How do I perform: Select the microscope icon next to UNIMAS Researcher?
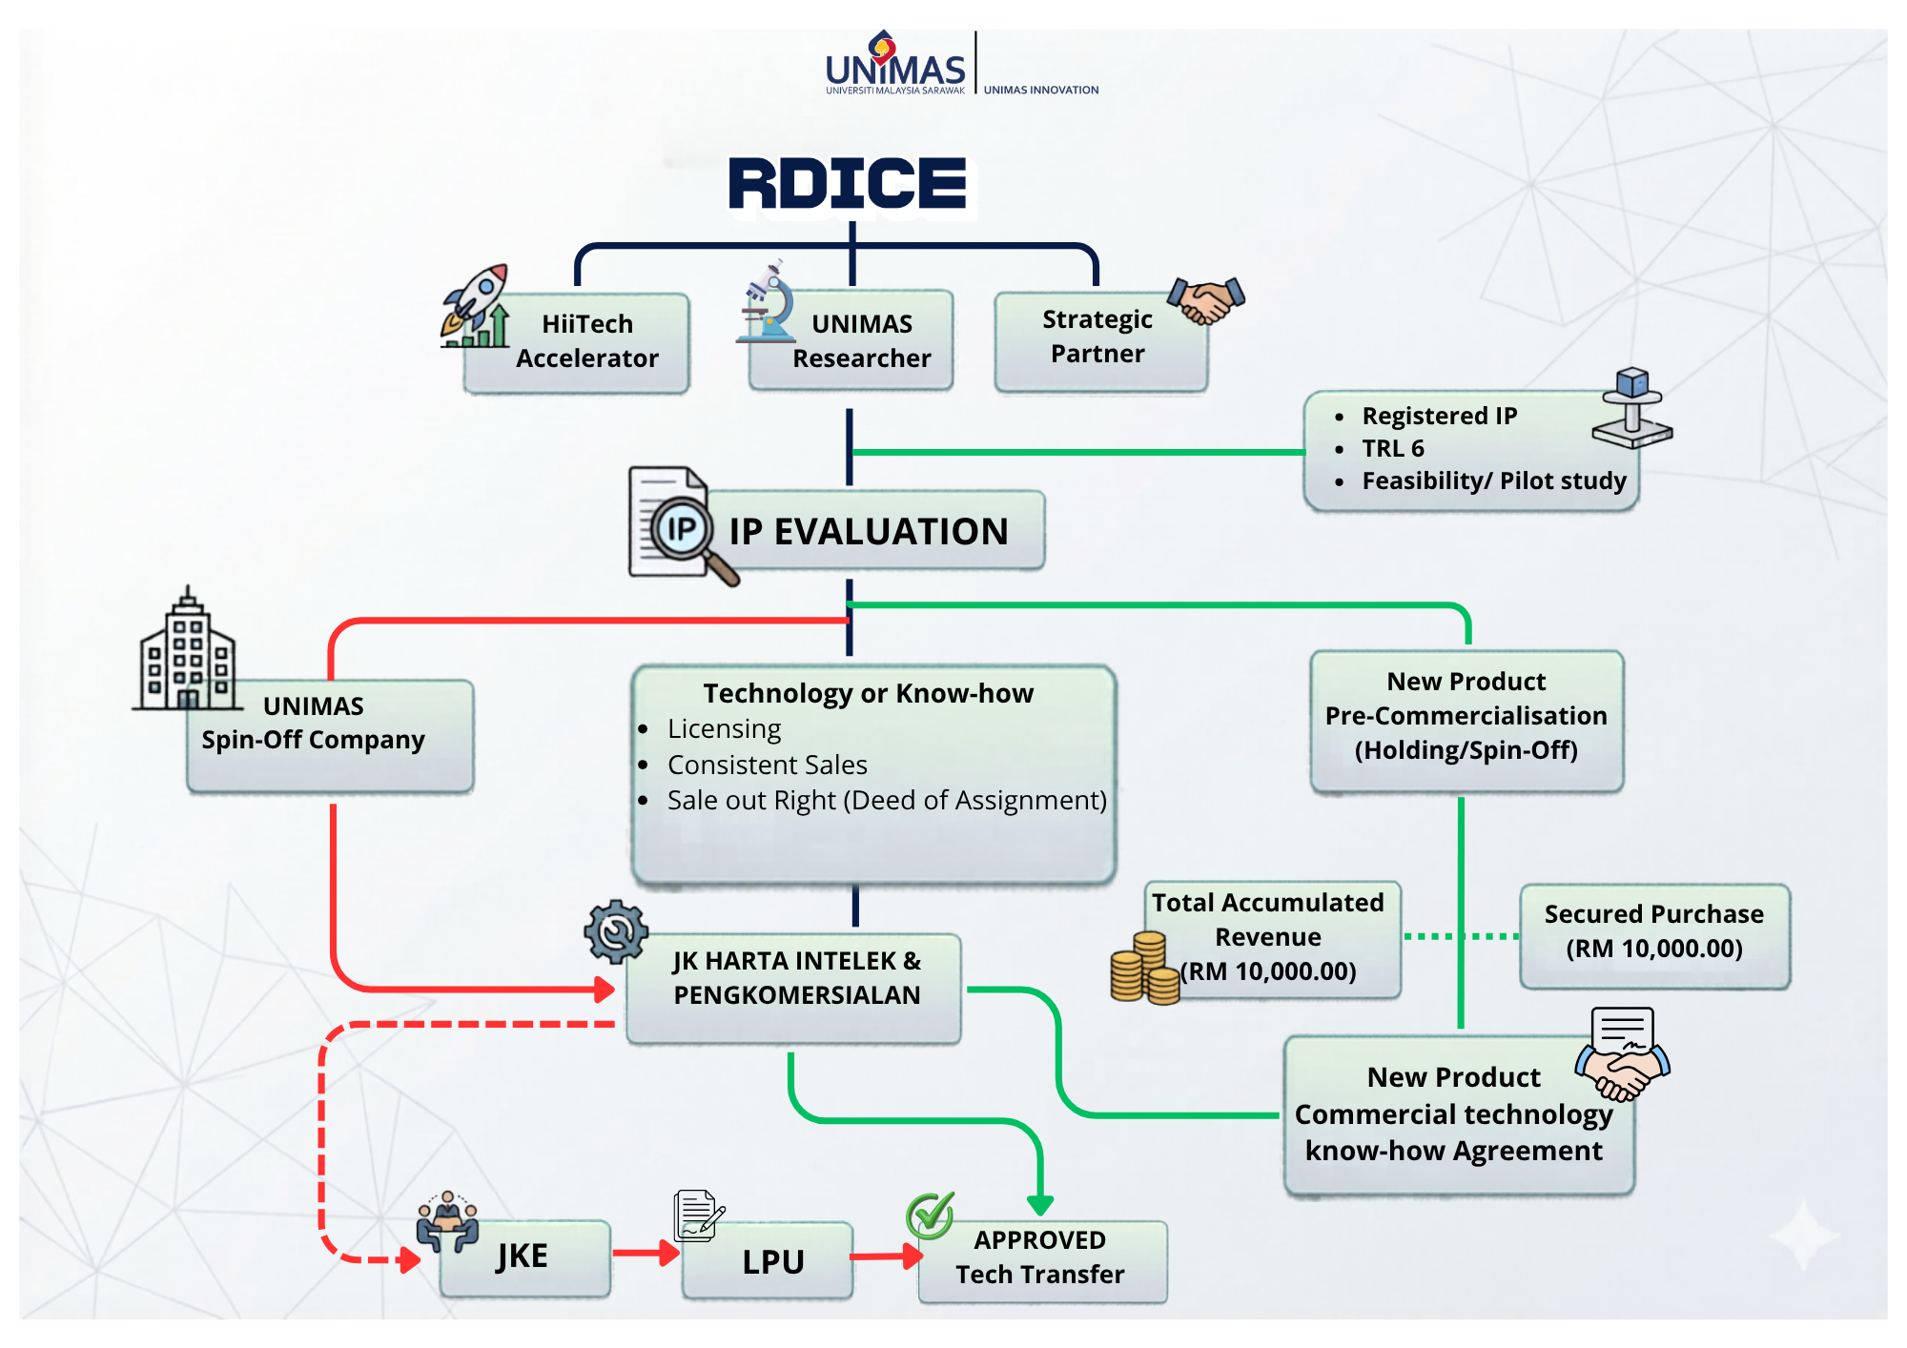click(x=768, y=301)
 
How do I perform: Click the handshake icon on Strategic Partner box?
click(x=1206, y=300)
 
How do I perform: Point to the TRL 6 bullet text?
click(x=1393, y=448)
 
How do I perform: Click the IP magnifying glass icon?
click(x=683, y=525)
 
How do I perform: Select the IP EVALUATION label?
click(x=869, y=531)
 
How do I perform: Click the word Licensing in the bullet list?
click(x=724, y=729)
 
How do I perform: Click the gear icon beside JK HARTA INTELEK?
click(x=616, y=931)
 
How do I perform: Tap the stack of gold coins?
click(x=1145, y=969)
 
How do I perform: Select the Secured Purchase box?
click(x=1654, y=936)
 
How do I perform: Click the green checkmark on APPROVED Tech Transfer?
click(x=931, y=1215)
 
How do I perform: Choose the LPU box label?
click(x=773, y=1261)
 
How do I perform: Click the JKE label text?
click(x=522, y=1256)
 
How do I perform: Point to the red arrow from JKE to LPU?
click(x=646, y=1253)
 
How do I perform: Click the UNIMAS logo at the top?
click(x=895, y=63)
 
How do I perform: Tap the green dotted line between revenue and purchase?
click(x=1461, y=936)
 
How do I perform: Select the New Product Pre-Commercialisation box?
click(x=1466, y=721)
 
